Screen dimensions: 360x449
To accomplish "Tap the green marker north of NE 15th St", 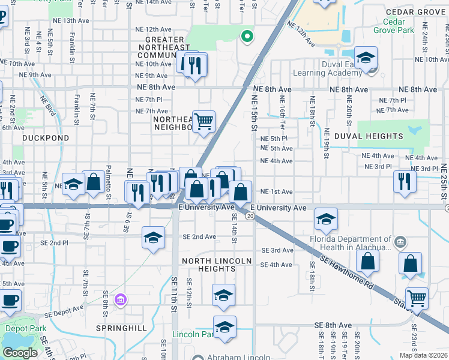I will (246, 37).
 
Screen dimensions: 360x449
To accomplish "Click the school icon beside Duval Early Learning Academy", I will (366, 58).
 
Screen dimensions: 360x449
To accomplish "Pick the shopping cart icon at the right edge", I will (416, 298).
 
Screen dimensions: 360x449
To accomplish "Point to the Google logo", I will (19, 353).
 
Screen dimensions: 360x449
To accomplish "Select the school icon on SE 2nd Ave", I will (153, 237).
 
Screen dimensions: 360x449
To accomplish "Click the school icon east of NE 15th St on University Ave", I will (325, 219).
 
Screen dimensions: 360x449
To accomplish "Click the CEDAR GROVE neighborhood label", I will (414, 11).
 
